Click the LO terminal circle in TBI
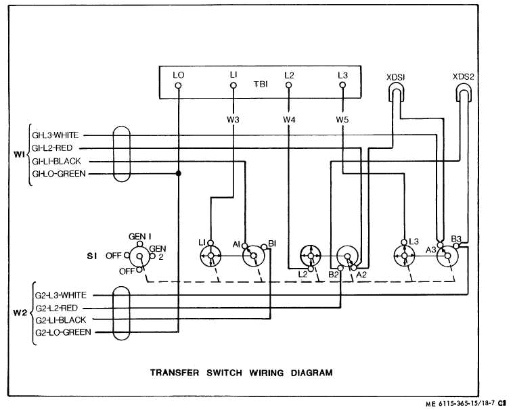(179, 86)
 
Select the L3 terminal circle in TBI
(342, 86)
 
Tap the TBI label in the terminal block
(261, 85)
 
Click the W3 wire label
(233, 120)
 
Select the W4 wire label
(289, 120)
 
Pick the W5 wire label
(342, 120)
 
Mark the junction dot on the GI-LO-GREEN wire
(179, 174)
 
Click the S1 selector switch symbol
(140, 256)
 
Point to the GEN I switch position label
(140, 236)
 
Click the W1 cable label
(20, 154)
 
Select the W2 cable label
(20, 313)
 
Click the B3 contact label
(457, 239)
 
